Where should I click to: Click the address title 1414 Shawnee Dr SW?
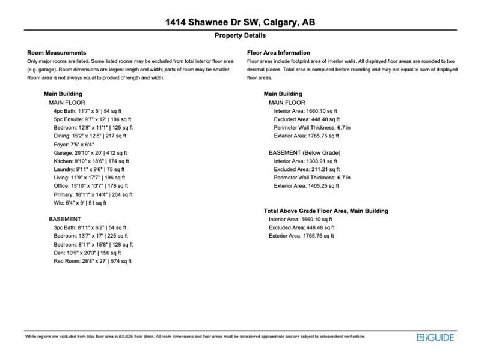(240, 23)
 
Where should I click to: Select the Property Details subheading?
(240, 36)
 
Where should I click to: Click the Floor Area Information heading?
(278, 53)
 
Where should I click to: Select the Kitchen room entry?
(91, 161)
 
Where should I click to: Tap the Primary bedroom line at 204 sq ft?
(93, 194)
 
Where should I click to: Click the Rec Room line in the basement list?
(93, 261)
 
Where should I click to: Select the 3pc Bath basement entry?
(90, 228)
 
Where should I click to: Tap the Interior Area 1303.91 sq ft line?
(305, 161)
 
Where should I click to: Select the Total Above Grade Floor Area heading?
(326, 211)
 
